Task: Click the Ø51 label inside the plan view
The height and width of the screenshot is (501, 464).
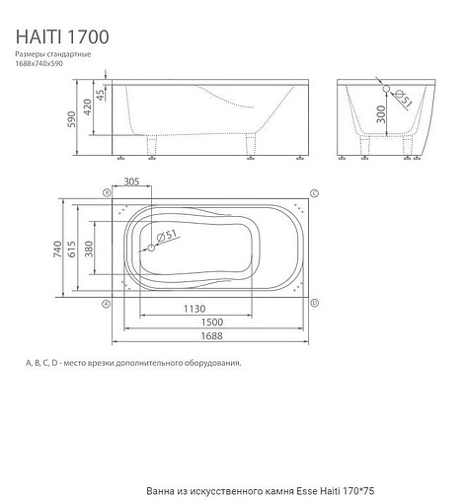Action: (x=166, y=234)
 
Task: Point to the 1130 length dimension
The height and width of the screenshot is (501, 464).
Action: (x=193, y=308)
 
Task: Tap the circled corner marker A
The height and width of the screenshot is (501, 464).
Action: (x=106, y=305)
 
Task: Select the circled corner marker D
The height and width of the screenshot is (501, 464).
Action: (x=314, y=305)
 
